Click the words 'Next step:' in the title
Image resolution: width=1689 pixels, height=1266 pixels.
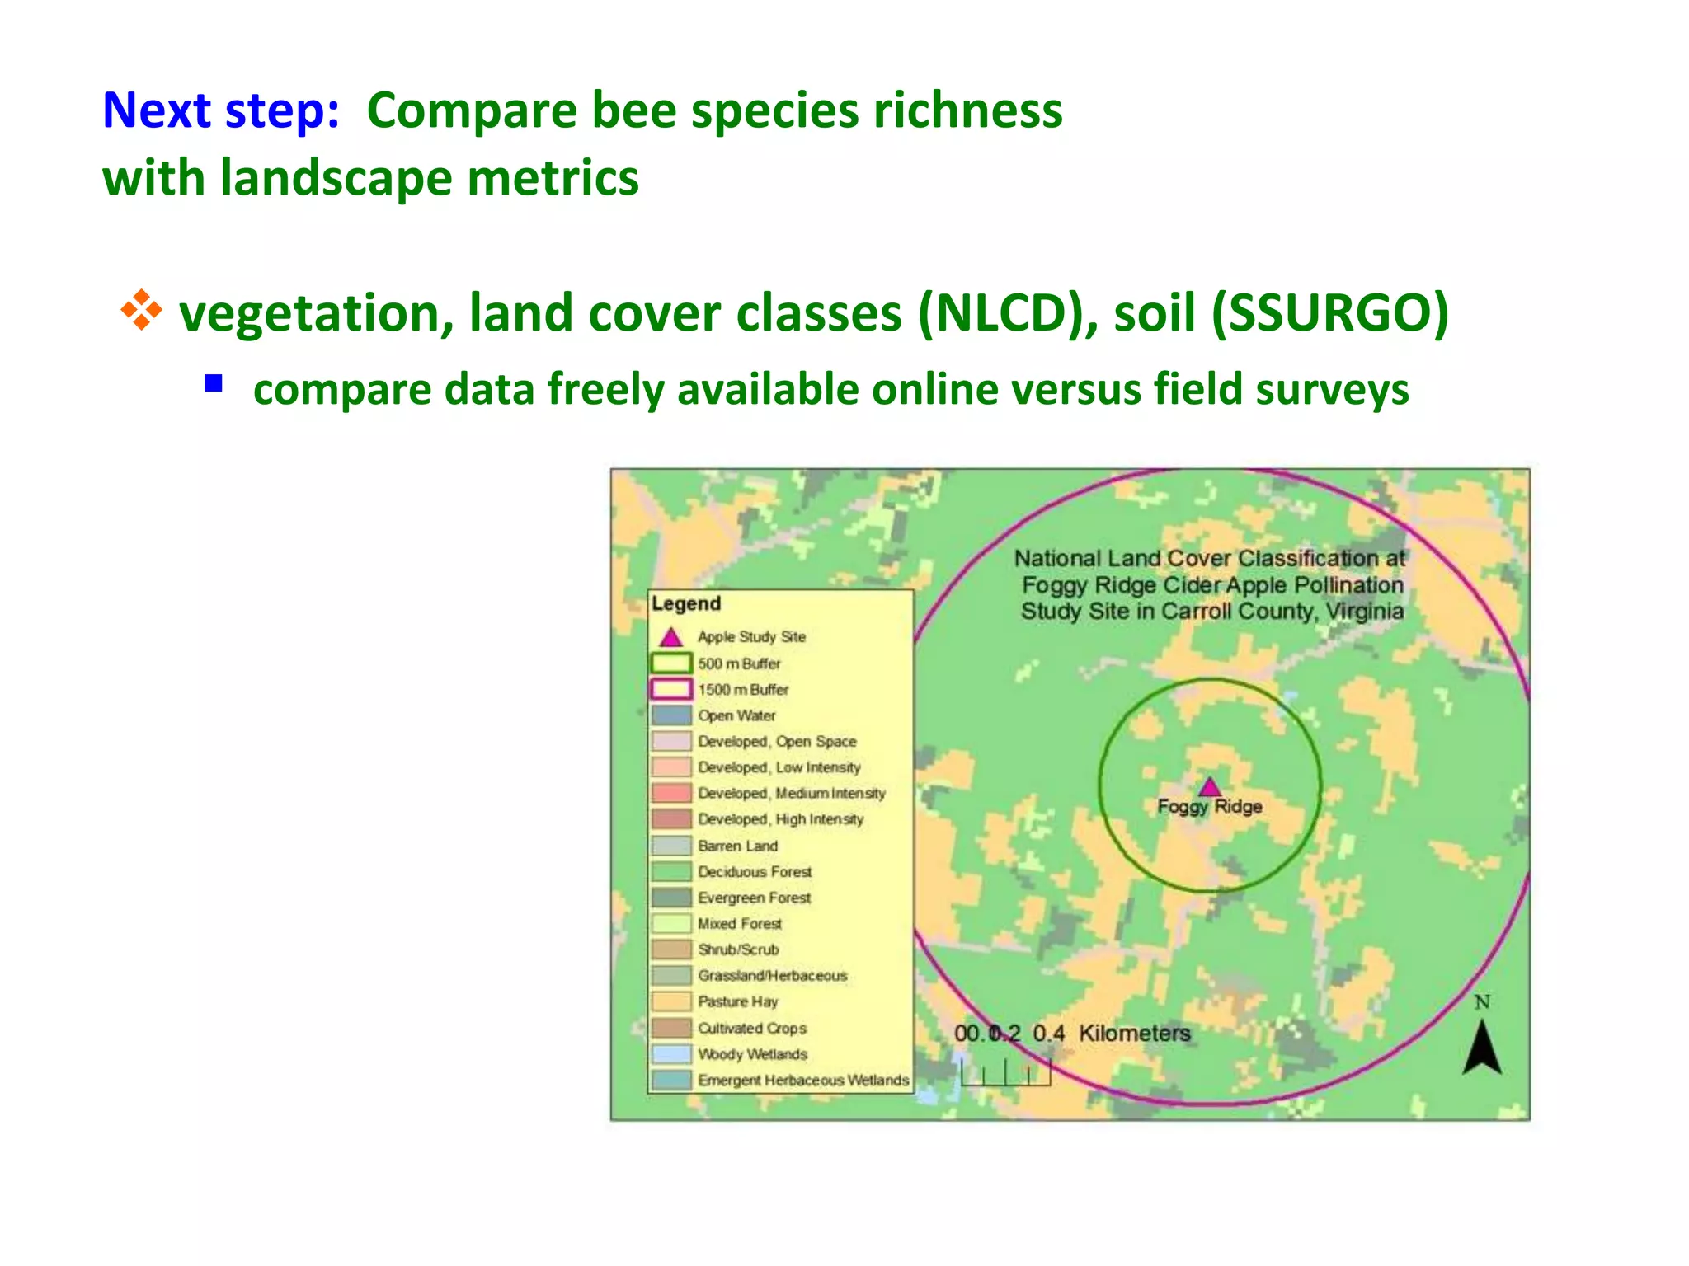220,110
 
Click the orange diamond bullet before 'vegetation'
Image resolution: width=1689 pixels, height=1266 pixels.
141,310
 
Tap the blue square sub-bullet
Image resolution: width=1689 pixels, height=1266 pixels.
214,383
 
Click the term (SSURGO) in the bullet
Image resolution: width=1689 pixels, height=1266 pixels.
1329,313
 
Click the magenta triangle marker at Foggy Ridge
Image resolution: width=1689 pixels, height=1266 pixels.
1209,786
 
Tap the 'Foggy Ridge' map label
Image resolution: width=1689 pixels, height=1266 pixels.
1209,806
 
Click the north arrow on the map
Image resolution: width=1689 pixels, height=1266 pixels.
1482,1046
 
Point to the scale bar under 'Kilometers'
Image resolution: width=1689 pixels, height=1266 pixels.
1005,1072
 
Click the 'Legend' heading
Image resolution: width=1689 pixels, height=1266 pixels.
686,603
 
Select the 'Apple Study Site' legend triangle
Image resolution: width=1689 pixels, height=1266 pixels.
671,637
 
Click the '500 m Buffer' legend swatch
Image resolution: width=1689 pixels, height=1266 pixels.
671,663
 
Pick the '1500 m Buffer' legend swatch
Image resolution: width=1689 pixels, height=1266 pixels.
671,689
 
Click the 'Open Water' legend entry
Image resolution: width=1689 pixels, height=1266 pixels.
736,715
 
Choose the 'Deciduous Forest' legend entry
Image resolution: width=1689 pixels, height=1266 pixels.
754,871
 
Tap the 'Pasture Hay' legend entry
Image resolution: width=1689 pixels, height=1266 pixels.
737,1001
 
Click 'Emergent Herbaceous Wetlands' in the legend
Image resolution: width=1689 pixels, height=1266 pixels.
802,1080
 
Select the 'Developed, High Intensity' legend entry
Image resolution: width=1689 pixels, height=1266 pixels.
780,819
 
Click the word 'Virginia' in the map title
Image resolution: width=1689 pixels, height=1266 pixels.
1364,611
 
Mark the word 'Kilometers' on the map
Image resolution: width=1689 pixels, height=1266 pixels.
1134,1033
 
